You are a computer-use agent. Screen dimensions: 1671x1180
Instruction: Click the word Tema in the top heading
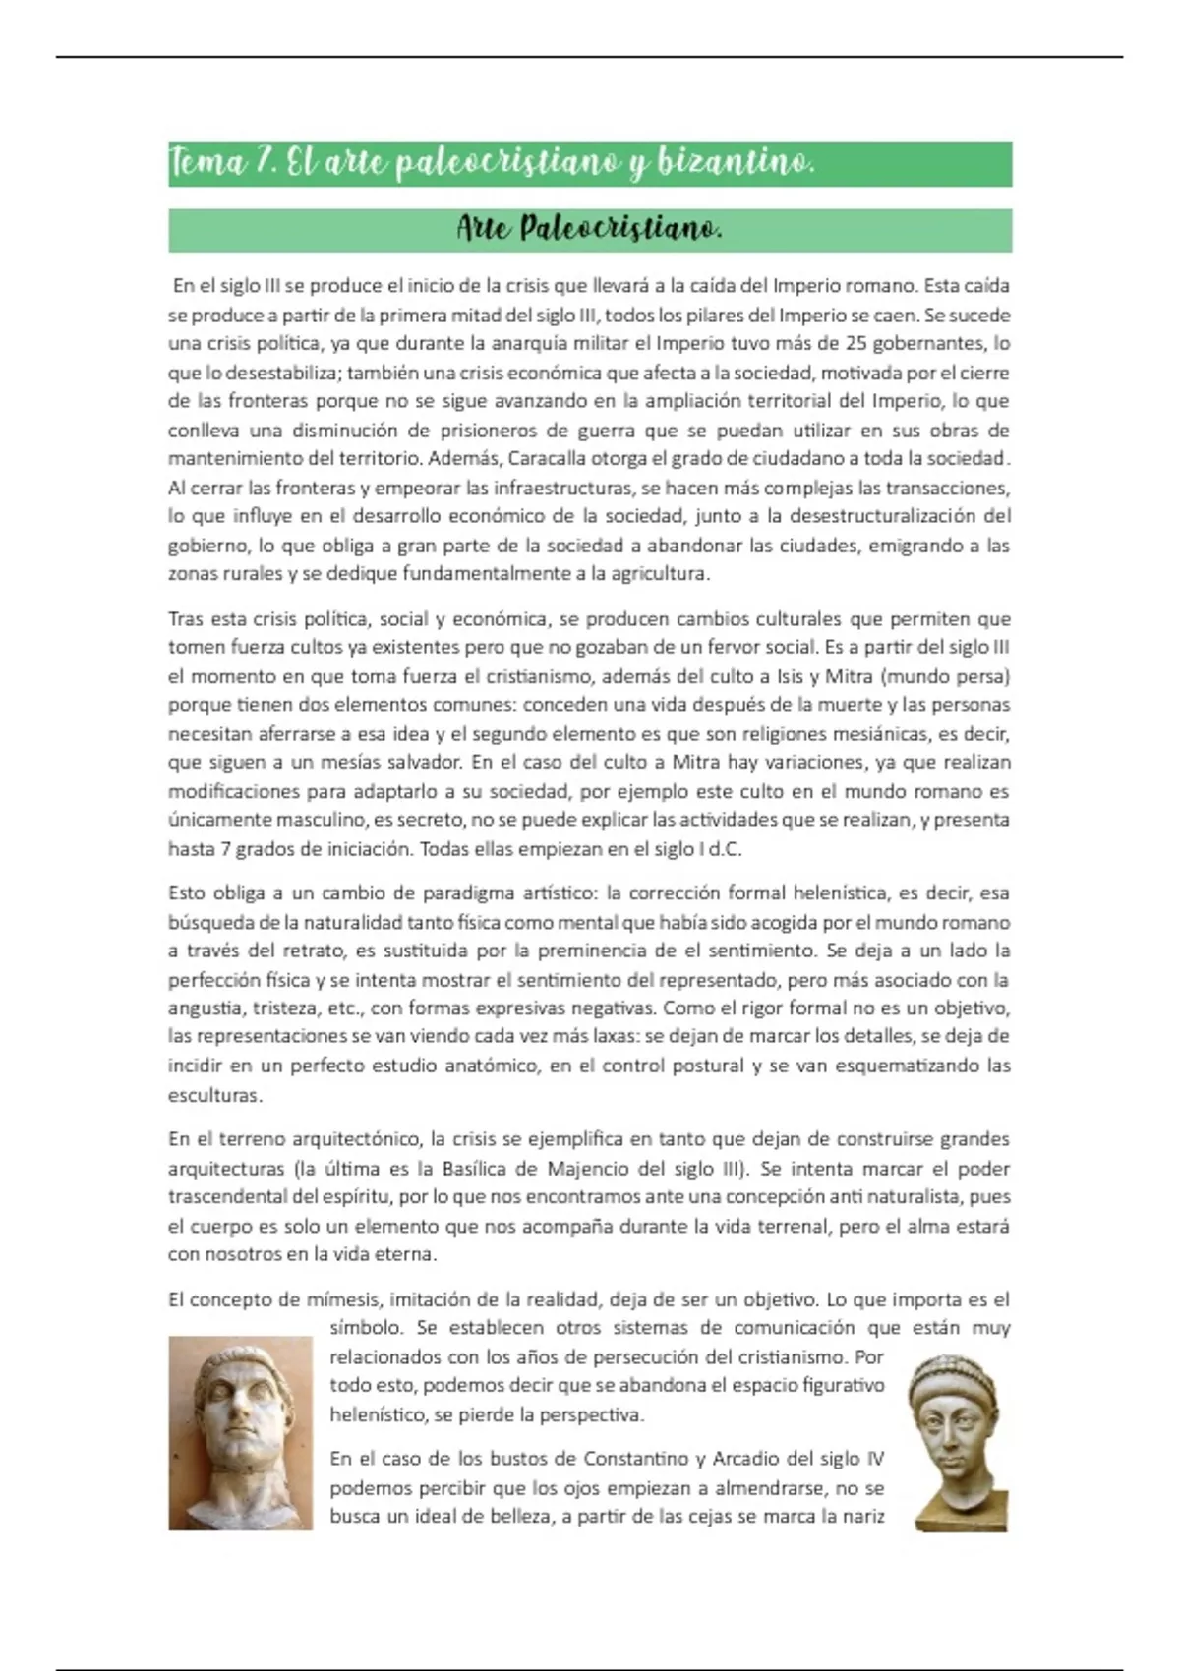pos(207,163)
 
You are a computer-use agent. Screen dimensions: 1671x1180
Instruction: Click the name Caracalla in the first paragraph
pos(548,459)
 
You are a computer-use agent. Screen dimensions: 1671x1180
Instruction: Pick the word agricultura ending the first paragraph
pos(658,574)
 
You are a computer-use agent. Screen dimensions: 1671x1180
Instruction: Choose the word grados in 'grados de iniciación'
pos(247,849)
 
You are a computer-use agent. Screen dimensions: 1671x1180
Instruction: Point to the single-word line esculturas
pos(214,1095)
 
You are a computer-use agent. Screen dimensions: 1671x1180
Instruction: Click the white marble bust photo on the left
pos(240,1432)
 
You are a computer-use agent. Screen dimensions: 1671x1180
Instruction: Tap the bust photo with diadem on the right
pos(957,1442)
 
